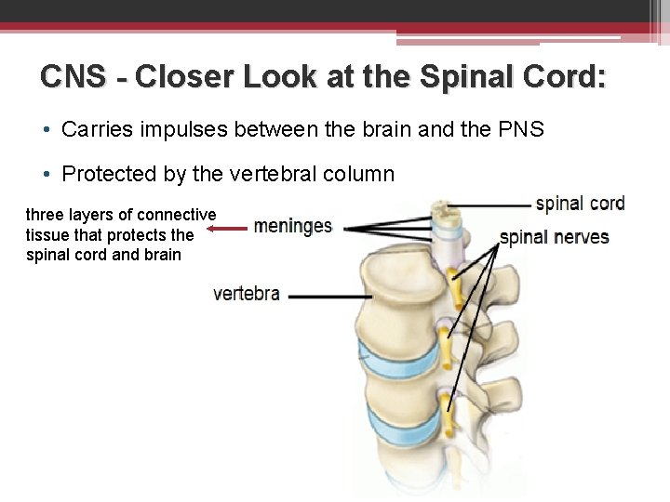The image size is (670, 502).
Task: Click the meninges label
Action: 292,227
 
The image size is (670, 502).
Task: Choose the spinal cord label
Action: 580,203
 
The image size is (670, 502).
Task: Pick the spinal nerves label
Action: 555,237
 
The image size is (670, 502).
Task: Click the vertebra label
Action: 247,294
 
